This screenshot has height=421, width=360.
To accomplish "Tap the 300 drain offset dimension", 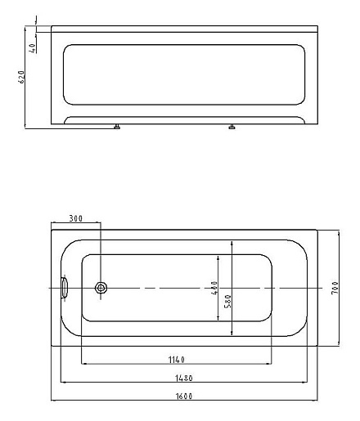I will tap(75, 219).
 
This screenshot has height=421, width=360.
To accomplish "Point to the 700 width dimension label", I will tap(335, 287).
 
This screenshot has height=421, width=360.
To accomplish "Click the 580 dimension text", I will tap(227, 300).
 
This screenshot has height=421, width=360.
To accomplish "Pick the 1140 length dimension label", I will tap(177, 359).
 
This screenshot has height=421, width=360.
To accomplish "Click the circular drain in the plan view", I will tap(101, 288).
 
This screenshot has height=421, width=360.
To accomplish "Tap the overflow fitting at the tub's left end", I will tap(65, 288).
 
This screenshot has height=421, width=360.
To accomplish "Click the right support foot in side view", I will tap(233, 127).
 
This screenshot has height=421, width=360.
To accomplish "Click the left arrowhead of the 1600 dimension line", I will tap(54, 401).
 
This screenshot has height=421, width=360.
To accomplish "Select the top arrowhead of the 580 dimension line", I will tap(233, 243).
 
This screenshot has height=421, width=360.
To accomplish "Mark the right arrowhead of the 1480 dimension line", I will tap(306, 382).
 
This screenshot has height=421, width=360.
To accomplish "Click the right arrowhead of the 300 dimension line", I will tap(98, 223).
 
